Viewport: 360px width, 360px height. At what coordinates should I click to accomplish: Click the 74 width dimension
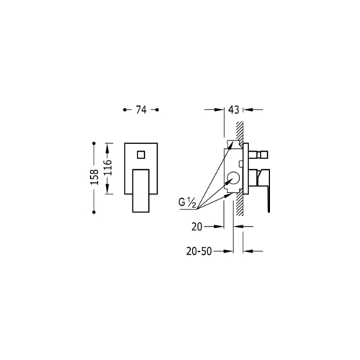pyautogui.click(x=141, y=110)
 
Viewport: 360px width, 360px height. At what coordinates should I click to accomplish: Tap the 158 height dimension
pyautogui.click(x=94, y=177)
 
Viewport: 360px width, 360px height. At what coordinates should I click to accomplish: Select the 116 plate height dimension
pyautogui.click(x=108, y=168)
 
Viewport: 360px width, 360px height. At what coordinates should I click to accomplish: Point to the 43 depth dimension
pyautogui.click(x=233, y=110)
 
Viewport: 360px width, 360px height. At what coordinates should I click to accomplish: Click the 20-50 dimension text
pyautogui.click(x=199, y=251)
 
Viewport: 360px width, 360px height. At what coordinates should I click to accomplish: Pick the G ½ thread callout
pyautogui.click(x=187, y=202)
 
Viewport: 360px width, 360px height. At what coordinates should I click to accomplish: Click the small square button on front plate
pyautogui.click(x=141, y=155)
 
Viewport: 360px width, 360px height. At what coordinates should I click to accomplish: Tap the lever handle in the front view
pyautogui.click(x=141, y=191)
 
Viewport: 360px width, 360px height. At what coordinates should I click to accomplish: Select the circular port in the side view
pyautogui.click(x=233, y=180)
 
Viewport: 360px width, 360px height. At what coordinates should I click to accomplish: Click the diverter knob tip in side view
pyautogui.click(x=264, y=155)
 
